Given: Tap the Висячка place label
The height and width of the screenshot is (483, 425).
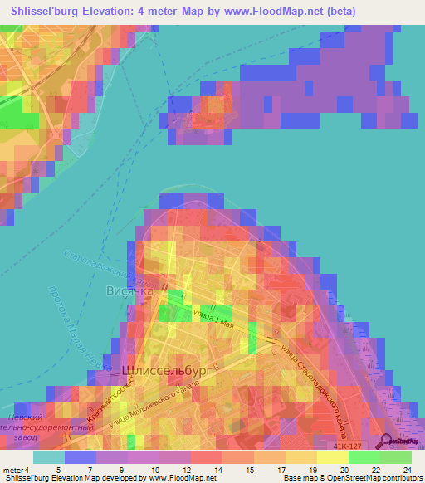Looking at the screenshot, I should tap(130, 292).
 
